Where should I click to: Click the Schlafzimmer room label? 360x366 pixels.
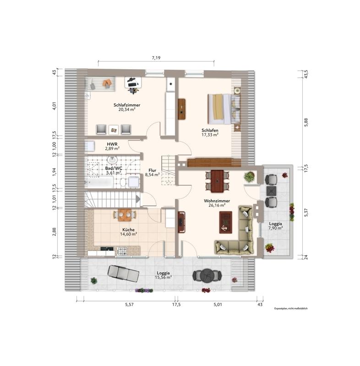pos(127,105)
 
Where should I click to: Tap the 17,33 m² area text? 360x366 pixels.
pos(210,135)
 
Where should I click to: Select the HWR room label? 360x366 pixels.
pos(112,144)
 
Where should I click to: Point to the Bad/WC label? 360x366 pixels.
pos(114,168)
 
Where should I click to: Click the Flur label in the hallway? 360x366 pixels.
pos(153,170)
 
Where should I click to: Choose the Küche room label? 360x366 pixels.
pos(129,230)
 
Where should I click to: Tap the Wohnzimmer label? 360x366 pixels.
pos(217,201)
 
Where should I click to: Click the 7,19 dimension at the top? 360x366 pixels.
pos(156,58)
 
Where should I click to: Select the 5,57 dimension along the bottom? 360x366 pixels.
pos(130,304)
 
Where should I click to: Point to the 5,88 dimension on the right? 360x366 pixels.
pos(306,122)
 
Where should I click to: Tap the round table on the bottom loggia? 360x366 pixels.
pos(207,275)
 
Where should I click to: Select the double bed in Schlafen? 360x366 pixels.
pos(224,109)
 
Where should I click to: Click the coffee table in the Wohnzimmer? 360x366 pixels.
pos(226,222)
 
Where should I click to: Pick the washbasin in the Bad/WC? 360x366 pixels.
pos(112,160)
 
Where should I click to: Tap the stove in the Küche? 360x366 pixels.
pos(122,251)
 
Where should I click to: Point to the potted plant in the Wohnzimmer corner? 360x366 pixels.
pos(249,177)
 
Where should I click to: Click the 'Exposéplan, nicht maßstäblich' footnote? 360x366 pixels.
pos(291,308)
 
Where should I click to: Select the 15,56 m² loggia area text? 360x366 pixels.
pos(163,277)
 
